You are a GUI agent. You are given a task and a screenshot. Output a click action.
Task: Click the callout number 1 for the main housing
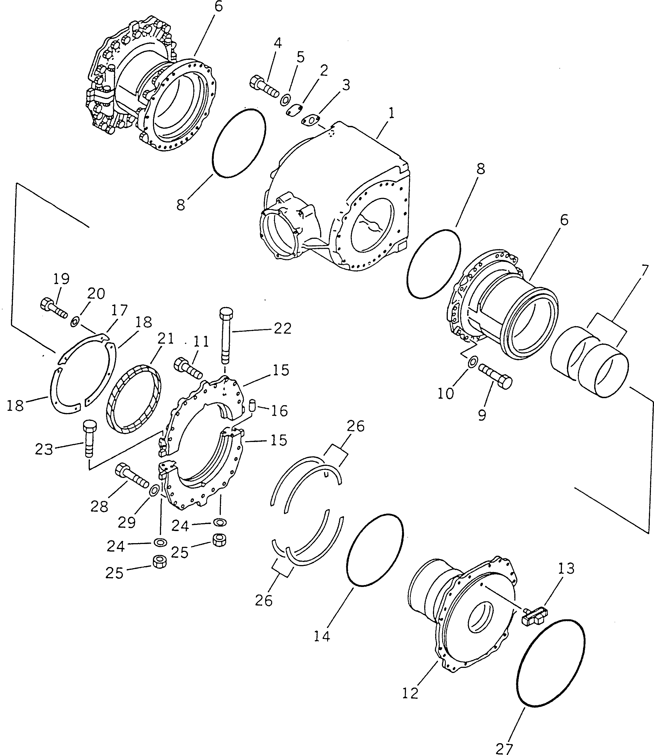coord(391,113)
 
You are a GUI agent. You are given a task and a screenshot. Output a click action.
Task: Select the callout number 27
coord(505,747)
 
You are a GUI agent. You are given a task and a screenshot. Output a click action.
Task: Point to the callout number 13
coord(566,568)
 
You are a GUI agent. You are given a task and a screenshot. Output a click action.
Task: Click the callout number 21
coord(166,338)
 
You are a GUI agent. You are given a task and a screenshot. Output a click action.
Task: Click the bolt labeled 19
coord(53,308)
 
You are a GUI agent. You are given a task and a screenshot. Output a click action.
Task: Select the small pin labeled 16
coord(252,405)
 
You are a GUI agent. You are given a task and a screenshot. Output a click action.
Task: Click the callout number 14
coord(322,636)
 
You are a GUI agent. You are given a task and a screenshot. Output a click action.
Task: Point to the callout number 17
coord(119,310)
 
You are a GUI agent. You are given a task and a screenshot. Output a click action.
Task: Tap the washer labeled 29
coord(154,490)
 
